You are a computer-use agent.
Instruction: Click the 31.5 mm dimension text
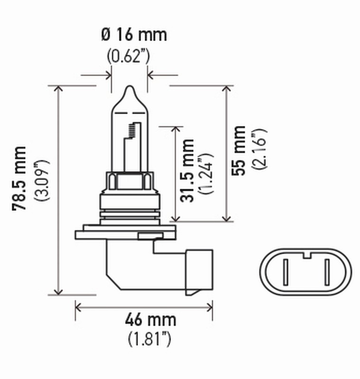188,171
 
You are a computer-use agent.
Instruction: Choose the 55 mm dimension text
240,151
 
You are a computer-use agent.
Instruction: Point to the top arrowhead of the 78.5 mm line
59,89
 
